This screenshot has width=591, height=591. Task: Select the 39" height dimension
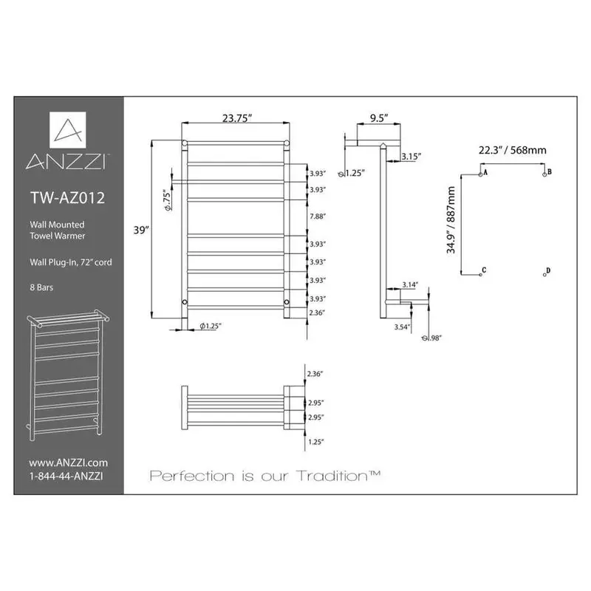point(143,230)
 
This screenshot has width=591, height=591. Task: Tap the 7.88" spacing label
point(316,216)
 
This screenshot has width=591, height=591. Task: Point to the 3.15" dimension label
point(412,156)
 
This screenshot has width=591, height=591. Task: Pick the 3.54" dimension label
point(403,326)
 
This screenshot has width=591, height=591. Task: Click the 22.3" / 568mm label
point(512,150)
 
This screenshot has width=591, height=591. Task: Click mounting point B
point(546,172)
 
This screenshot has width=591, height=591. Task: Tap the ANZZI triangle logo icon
point(67,131)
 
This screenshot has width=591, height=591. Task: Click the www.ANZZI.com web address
point(64,462)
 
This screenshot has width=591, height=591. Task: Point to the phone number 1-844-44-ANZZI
point(66,476)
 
